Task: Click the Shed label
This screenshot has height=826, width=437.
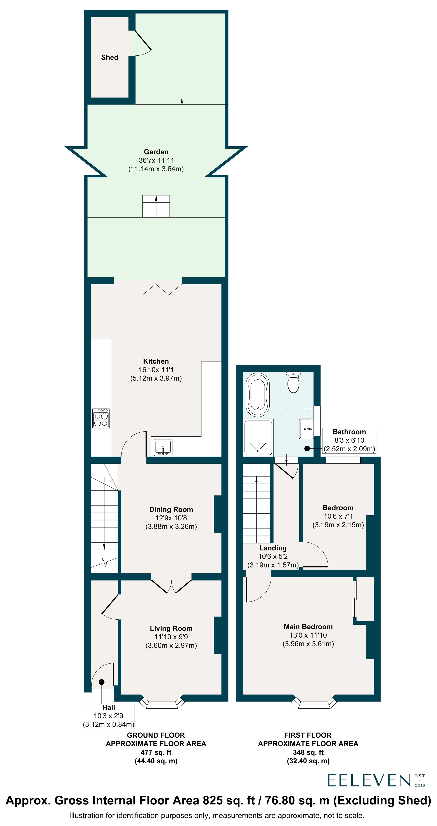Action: [x=109, y=57]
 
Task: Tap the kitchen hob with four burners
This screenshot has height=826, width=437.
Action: [x=101, y=418]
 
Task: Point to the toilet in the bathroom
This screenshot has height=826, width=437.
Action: [x=293, y=382]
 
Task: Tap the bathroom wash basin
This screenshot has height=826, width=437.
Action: [x=306, y=429]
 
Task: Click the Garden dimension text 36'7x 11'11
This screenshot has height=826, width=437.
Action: [x=156, y=160]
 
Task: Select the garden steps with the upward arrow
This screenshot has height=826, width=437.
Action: [x=156, y=206]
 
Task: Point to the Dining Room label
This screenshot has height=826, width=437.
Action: [x=171, y=509]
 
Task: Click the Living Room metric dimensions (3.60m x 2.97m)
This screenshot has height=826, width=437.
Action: [x=171, y=646]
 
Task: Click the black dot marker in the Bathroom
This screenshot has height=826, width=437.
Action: [x=307, y=449]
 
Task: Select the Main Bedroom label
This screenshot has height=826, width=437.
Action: [x=308, y=627]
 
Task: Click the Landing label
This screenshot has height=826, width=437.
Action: [x=273, y=548]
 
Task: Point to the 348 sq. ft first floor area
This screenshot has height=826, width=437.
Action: [x=308, y=752]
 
